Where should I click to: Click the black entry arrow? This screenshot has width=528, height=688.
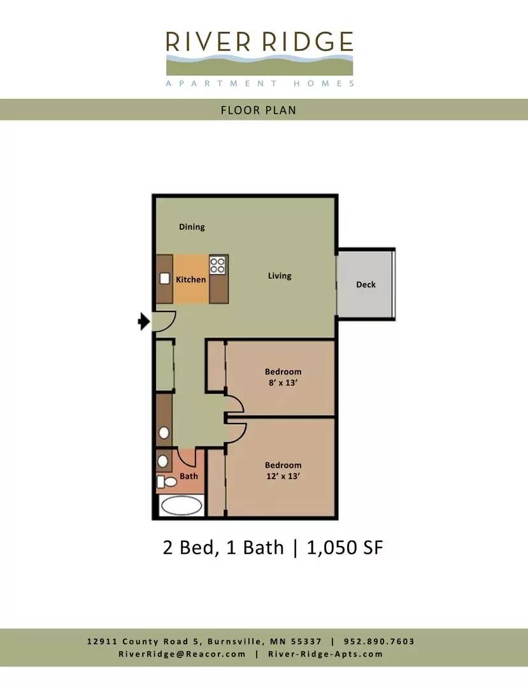[x=144, y=322]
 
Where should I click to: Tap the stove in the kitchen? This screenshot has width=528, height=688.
[x=218, y=266]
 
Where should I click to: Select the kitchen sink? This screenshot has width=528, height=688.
[x=165, y=278]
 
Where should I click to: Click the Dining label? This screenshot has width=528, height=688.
[x=192, y=227]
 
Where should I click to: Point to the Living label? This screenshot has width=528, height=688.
[x=280, y=276]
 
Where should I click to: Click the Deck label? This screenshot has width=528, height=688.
[x=366, y=284]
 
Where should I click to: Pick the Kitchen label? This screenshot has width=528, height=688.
[x=191, y=280]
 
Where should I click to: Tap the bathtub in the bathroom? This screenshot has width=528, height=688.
[x=182, y=505]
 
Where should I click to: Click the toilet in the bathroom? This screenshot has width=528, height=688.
[x=167, y=482]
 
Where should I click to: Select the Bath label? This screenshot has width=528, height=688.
[x=189, y=476]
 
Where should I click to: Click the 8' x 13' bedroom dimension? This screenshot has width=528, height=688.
[x=283, y=383]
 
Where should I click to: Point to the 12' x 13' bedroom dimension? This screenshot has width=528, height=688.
[x=283, y=476]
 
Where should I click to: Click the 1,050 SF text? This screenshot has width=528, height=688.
[x=345, y=548]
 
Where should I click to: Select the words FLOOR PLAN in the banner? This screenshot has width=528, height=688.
[x=259, y=110]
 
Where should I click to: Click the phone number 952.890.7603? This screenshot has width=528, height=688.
[x=379, y=641]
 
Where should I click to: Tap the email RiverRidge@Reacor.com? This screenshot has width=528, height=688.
[x=182, y=654]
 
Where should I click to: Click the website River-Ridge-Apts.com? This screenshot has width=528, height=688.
[x=325, y=654]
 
